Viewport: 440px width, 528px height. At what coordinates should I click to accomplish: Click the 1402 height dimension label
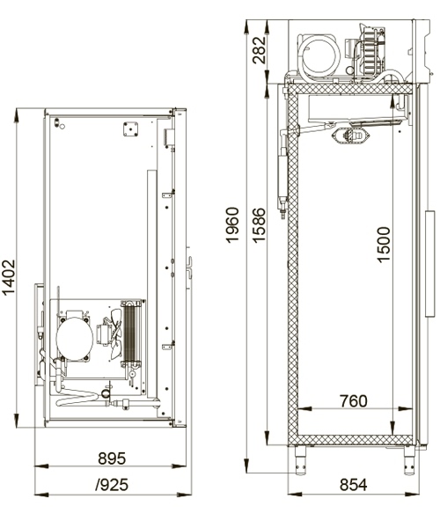pyautogui.click(x=9, y=277)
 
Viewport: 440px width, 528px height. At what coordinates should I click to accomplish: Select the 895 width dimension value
pyautogui.click(x=112, y=458)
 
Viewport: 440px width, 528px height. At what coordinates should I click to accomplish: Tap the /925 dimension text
pyautogui.click(x=112, y=485)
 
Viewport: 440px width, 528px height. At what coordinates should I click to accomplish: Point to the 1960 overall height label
pyautogui.click(x=232, y=225)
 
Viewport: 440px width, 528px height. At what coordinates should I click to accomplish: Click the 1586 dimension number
pyautogui.click(x=259, y=225)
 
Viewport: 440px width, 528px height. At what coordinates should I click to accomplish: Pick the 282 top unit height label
pyautogui.click(x=259, y=50)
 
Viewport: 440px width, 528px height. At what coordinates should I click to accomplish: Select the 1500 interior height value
pyautogui.click(x=383, y=244)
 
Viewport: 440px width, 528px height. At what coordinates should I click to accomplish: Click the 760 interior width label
pyautogui.click(x=354, y=401)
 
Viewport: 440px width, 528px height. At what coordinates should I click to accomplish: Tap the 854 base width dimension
pyautogui.click(x=354, y=485)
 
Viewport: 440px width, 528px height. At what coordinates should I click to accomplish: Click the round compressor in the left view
pyautogui.click(x=75, y=339)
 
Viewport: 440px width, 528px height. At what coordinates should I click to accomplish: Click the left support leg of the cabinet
pyautogui.click(x=300, y=460)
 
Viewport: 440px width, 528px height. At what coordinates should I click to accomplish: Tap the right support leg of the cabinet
pyautogui.click(x=408, y=460)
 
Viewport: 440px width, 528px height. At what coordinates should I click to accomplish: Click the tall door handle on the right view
pyautogui.click(x=430, y=264)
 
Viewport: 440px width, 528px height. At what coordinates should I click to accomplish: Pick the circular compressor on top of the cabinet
pyautogui.click(x=319, y=56)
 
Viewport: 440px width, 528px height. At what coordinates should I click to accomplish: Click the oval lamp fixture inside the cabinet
pyautogui.click(x=351, y=136)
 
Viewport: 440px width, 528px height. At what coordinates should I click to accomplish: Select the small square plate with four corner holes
pyautogui.click(x=130, y=129)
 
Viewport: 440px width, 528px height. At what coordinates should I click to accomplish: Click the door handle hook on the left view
pyautogui.click(x=190, y=268)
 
